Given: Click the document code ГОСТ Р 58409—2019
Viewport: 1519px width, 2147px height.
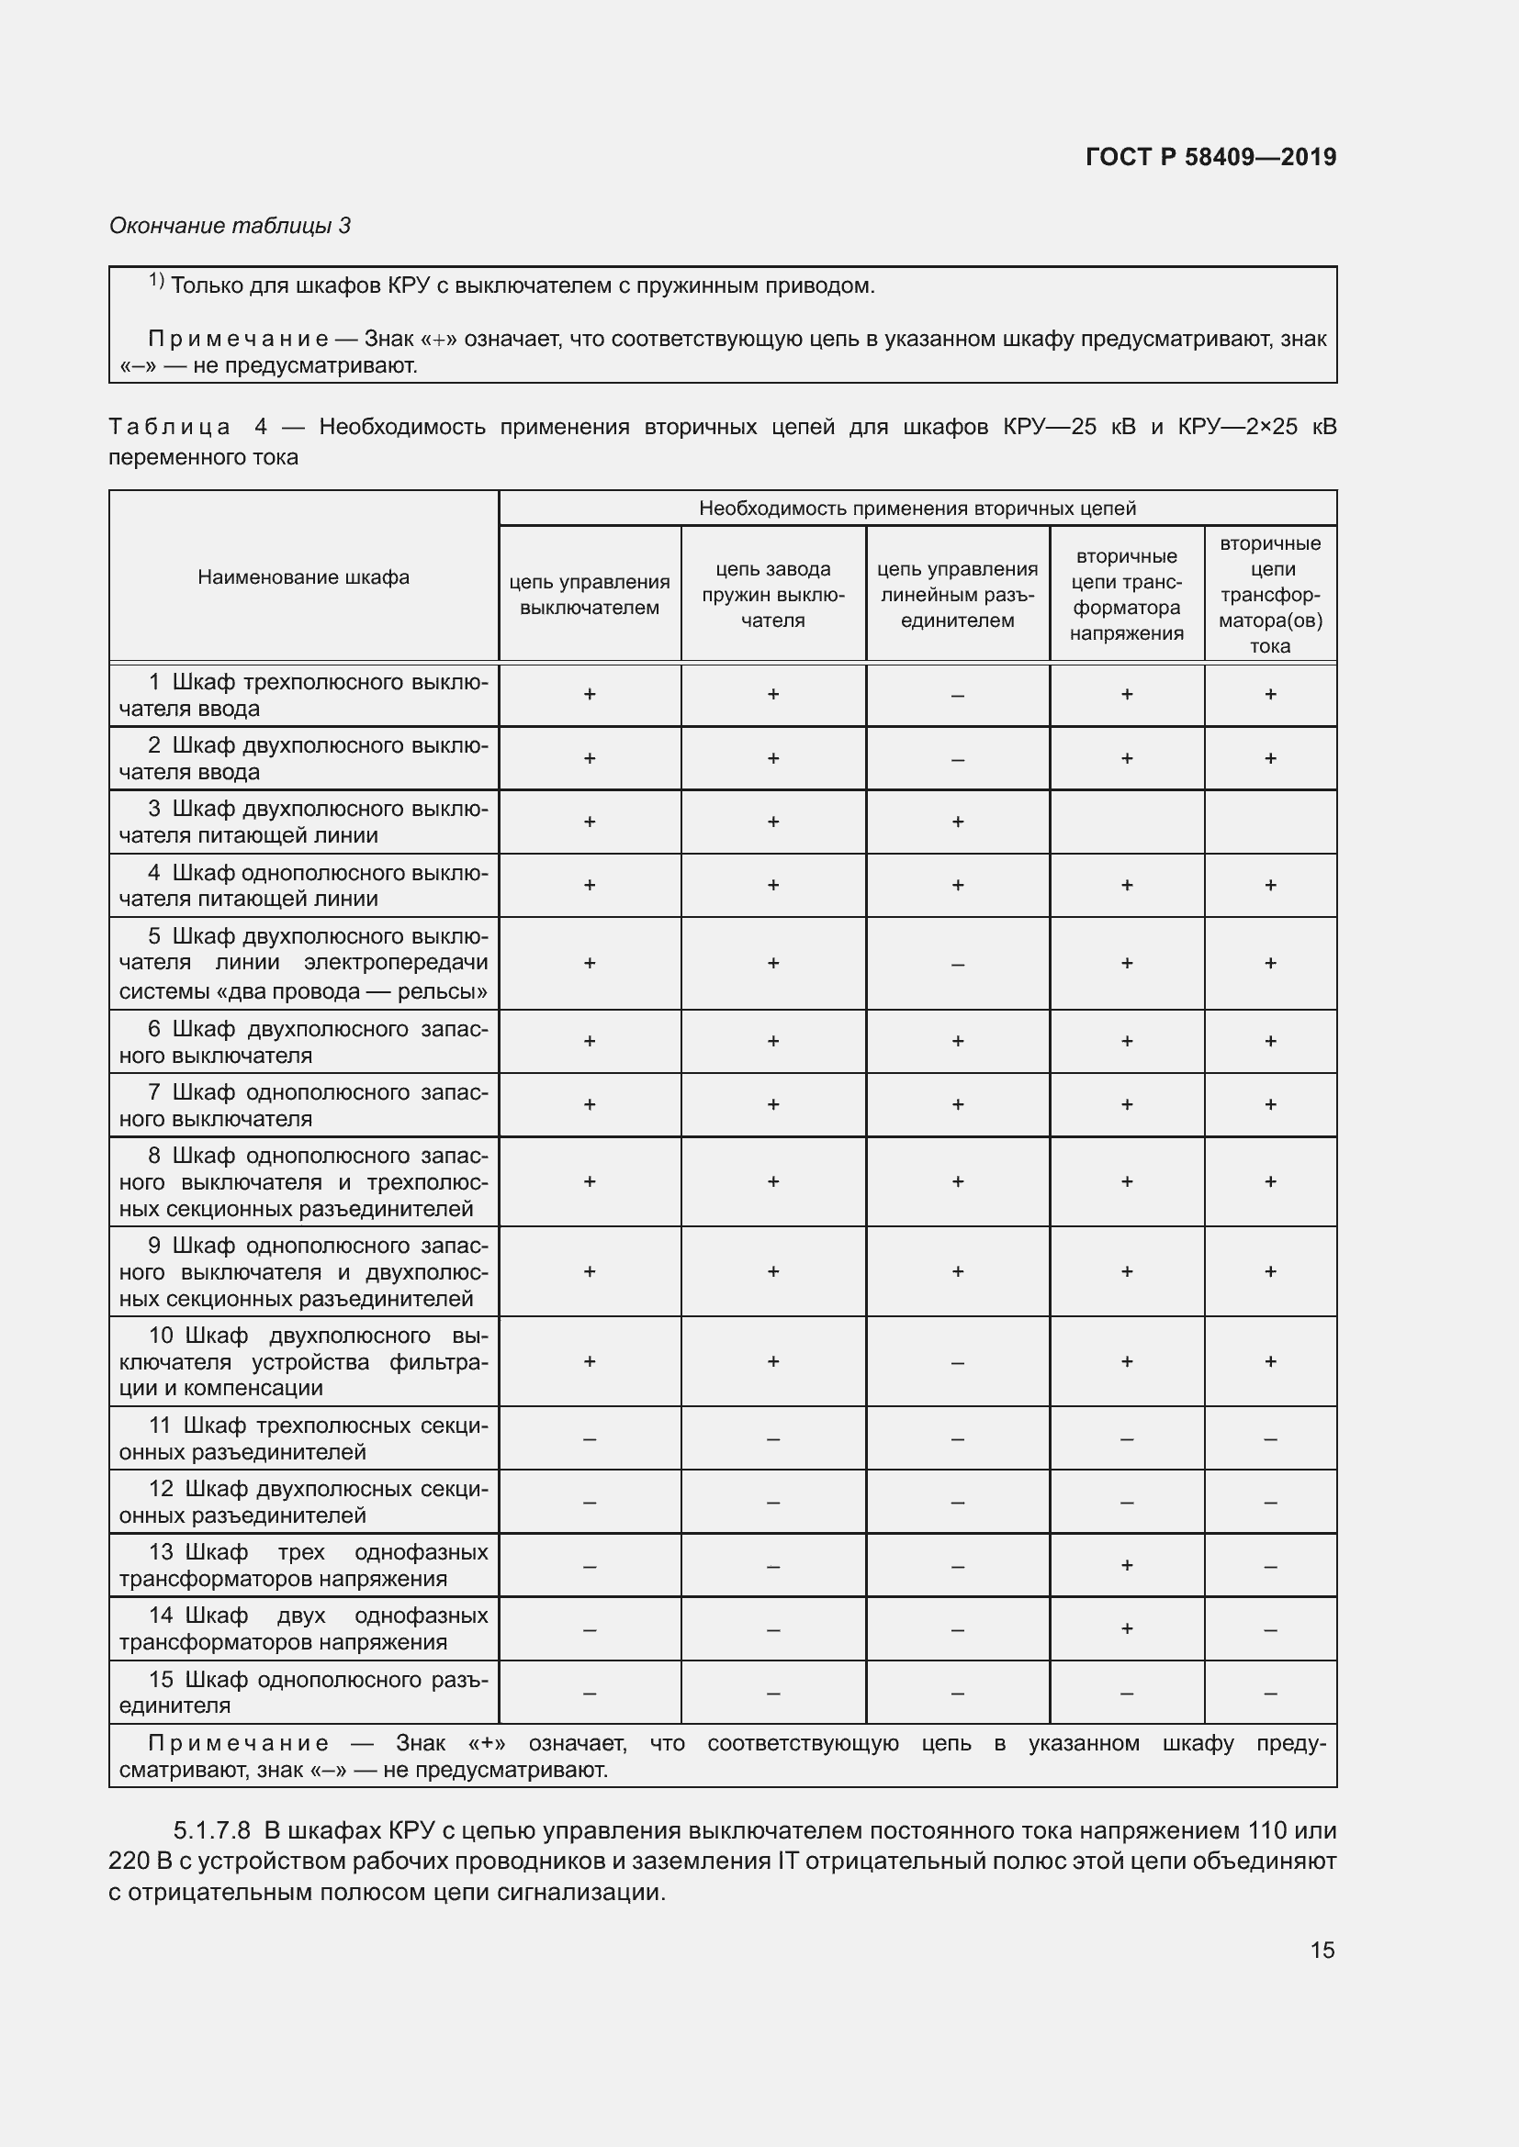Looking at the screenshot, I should tap(1210, 157).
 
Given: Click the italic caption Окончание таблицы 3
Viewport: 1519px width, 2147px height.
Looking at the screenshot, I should tap(231, 226).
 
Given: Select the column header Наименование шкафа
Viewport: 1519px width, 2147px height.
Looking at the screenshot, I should tap(303, 577).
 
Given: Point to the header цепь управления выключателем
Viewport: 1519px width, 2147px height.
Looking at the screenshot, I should tap(590, 594).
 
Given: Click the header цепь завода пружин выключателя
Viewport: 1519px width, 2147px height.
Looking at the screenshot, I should tap(772, 594).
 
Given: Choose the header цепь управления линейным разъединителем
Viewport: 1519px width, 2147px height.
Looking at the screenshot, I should tap(957, 594).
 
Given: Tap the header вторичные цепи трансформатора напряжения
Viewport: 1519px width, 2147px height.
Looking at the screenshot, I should tap(1126, 594).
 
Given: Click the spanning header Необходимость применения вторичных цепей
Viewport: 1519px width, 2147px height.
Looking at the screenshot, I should tap(917, 508).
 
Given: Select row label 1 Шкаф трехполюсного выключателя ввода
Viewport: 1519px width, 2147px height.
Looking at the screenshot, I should tap(303, 695).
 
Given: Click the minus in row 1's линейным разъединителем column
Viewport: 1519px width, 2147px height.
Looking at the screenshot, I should tap(957, 696).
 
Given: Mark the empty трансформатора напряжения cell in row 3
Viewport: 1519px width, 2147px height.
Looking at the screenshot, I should tap(1126, 821).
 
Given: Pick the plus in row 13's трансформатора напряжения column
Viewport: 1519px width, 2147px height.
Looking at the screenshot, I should tap(1126, 1564).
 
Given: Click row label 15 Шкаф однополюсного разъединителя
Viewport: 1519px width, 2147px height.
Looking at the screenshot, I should tap(303, 1692).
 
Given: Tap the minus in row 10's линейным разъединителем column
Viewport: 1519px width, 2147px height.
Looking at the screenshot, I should tap(957, 1362).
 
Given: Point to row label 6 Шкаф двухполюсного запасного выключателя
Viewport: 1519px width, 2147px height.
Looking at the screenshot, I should tap(303, 1042).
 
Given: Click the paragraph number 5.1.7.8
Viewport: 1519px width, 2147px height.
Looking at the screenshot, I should tap(211, 1830).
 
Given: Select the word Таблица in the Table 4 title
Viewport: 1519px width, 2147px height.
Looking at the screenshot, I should tap(169, 428).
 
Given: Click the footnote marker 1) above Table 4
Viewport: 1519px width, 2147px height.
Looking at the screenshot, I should tap(156, 281).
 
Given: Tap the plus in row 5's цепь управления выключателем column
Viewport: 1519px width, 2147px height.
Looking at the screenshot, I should tap(590, 962).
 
